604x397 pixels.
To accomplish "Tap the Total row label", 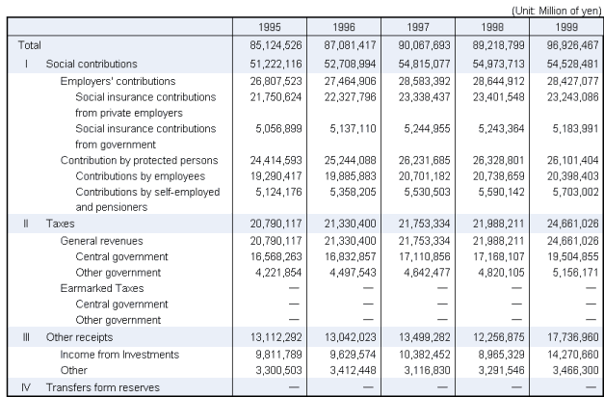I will tap(30, 45).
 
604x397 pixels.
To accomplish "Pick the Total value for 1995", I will tap(272, 45).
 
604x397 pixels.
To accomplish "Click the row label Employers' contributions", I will tap(118, 81).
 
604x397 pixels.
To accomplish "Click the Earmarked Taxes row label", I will tap(102, 287).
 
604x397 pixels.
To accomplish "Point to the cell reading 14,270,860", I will tap(567, 355).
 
